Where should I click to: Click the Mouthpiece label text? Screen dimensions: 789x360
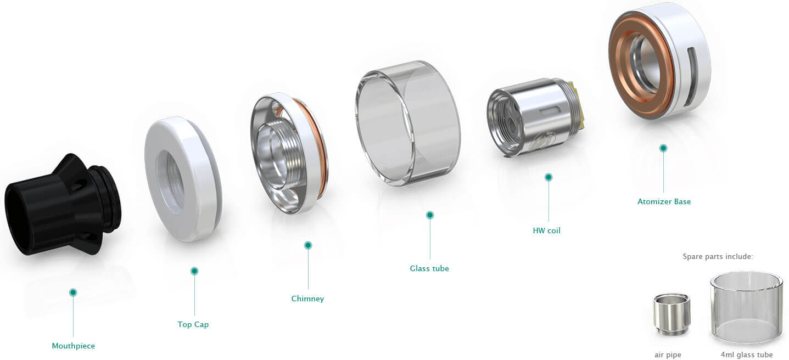tap(73, 346)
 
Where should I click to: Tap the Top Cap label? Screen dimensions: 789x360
tap(193, 324)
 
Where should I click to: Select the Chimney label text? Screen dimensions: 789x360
tap(307, 299)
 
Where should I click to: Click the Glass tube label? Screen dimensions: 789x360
tap(429, 268)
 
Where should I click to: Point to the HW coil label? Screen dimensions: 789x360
tap(546, 231)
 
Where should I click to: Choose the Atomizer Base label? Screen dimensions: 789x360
tap(664, 201)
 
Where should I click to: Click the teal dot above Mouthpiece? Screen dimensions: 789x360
tap(73, 292)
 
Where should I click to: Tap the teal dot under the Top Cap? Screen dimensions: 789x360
tap(194, 271)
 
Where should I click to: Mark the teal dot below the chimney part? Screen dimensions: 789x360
tap(308, 245)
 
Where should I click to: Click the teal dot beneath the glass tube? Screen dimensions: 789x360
tap(430, 215)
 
